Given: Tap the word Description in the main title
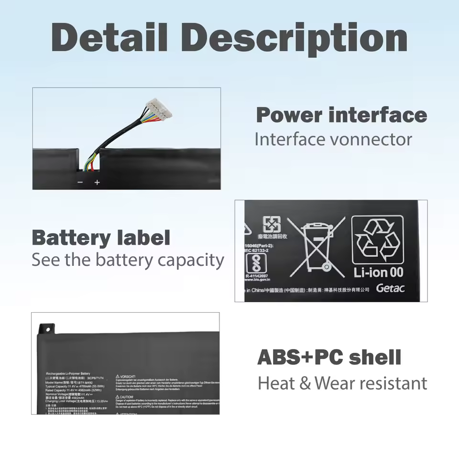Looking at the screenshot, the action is click(x=294, y=38).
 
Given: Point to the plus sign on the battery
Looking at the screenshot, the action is click(x=97, y=182).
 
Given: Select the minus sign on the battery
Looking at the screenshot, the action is click(x=80, y=182).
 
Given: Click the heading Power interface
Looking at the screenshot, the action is click(x=341, y=115).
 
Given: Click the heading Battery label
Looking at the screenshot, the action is click(x=101, y=238).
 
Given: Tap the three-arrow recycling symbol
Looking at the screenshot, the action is click(x=378, y=239).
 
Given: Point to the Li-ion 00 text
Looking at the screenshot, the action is click(x=378, y=273).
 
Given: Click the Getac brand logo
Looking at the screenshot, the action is click(x=390, y=288).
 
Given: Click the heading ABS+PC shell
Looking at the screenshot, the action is click(x=329, y=357).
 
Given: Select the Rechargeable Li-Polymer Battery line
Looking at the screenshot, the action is click(x=68, y=373).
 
